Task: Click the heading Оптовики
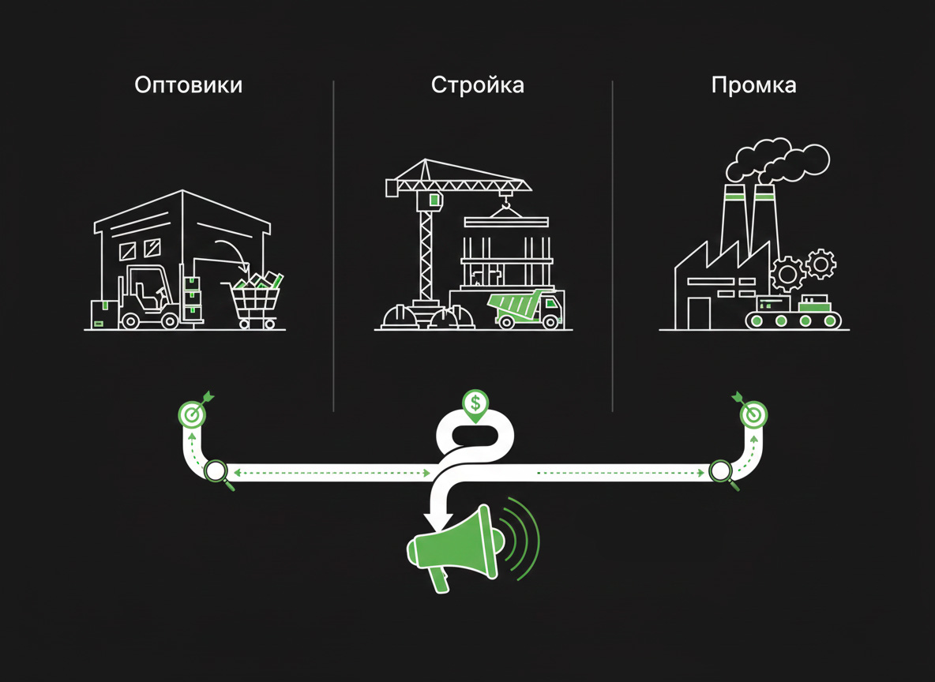pyautogui.click(x=188, y=85)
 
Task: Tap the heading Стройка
pyautogui.click(x=477, y=85)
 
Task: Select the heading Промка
pyautogui.click(x=753, y=85)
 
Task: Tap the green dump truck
pyautogui.click(x=524, y=307)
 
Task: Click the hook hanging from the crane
pyautogui.click(x=505, y=207)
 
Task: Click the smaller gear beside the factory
pyautogui.click(x=821, y=263)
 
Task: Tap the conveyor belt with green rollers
pyautogui.click(x=793, y=320)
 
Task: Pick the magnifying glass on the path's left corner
pyautogui.click(x=217, y=473)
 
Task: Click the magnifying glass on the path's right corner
pyautogui.click(x=720, y=472)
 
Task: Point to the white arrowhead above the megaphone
pyautogui.click(x=437, y=521)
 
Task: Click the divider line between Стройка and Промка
pyautogui.click(x=613, y=245)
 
